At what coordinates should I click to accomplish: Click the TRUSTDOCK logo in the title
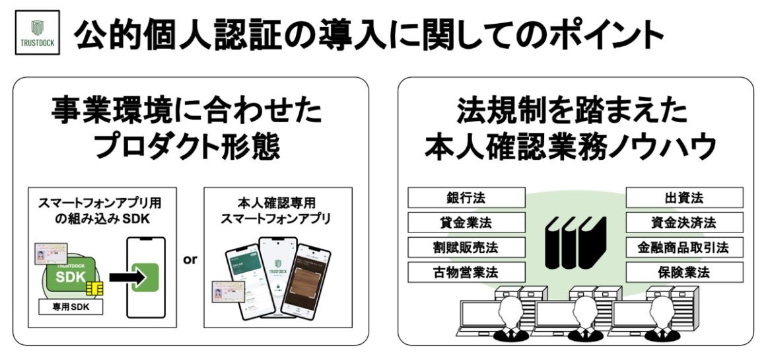(x=36, y=35)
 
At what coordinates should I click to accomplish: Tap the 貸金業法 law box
(x=466, y=223)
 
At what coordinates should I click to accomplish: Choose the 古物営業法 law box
(x=466, y=271)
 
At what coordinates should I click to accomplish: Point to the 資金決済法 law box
(x=684, y=223)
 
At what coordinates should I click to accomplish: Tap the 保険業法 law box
(x=684, y=271)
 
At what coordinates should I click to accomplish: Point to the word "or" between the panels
(x=190, y=260)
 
